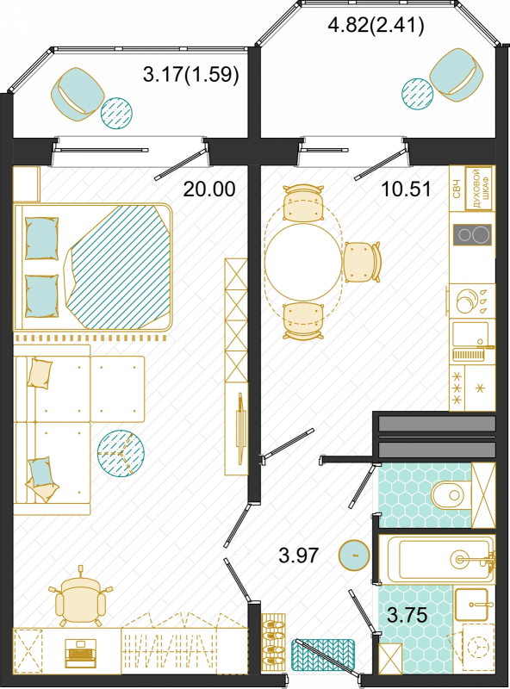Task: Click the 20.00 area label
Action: (209, 189)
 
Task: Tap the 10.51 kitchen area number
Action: (406, 189)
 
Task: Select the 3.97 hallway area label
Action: (299, 556)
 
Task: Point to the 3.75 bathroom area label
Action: (407, 615)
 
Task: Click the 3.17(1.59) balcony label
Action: (191, 74)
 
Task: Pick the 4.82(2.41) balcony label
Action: (376, 25)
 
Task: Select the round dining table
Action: (303, 262)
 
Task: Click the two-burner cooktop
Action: (472, 234)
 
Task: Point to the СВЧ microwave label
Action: (457, 189)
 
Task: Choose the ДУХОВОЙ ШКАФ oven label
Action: (479, 189)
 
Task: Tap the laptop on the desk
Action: (80, 654)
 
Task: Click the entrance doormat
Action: (323, 655)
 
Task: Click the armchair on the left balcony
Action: (78, 96)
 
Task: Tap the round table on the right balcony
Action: (417, 94)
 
